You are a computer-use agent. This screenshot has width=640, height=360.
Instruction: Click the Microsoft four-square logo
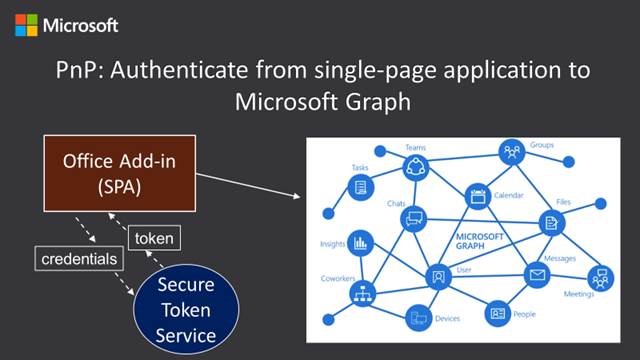point(26,25)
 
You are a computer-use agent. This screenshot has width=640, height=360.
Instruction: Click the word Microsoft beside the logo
point(81,25)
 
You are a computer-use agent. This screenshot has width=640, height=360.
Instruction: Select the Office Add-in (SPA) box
point(114,172)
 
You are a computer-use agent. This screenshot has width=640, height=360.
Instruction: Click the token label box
point(154,238)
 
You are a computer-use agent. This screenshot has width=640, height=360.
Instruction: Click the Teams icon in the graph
point(415,165)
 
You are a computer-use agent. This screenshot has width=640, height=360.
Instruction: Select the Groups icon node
point(513,153)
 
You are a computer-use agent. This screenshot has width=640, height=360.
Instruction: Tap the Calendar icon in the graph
point(477,197)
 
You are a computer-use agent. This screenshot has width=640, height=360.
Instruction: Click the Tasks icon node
point(359,187)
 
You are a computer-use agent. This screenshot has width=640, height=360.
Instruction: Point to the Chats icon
point(412,219)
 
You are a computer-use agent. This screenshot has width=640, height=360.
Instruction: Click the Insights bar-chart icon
point(359,242)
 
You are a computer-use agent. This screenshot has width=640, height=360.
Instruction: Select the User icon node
point(437,275)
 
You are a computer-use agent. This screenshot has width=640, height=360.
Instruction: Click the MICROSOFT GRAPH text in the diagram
point(482,242)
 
